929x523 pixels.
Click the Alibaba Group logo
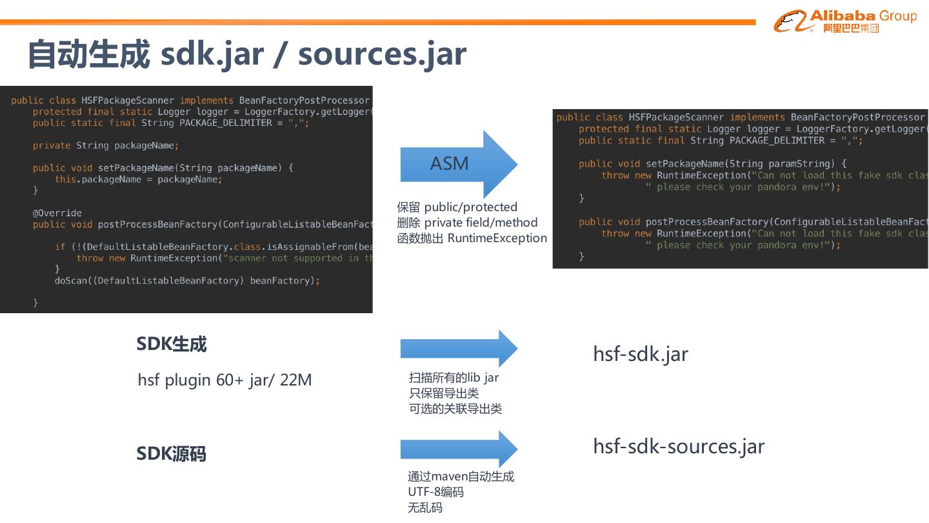pos(844,21)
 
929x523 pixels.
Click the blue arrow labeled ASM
pos(458,164)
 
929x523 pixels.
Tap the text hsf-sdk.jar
pos(641,354)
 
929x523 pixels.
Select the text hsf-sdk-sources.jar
pos(679,446)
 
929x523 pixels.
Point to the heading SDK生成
pos(172,344)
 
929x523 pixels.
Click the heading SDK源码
pos(172,454)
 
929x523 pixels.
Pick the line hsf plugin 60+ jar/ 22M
pos(225,380)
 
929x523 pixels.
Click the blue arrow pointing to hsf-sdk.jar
pos(458,349)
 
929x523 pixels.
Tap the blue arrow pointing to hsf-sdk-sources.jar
pos(458,449)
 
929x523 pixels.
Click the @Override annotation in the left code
pos(57,213)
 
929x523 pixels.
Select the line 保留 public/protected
pos(457,207)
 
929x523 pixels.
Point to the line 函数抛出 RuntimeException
pos(472,238)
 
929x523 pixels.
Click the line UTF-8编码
pos(435,492)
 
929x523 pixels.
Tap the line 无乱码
pos(425,508)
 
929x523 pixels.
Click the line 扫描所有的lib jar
pos(454,378)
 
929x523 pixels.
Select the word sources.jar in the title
pos(382,54)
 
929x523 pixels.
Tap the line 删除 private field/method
pos(467,223)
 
